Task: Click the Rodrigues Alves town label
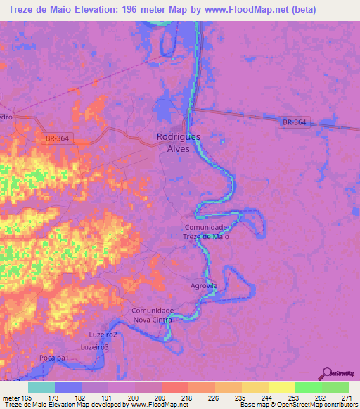[178, 143]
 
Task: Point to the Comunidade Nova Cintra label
[153, 315]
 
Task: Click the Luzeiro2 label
[103, 335]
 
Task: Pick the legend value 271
[346, 398]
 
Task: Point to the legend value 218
[187, 398]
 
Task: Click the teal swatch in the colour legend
[41, 387]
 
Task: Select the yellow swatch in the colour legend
[281, 387]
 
